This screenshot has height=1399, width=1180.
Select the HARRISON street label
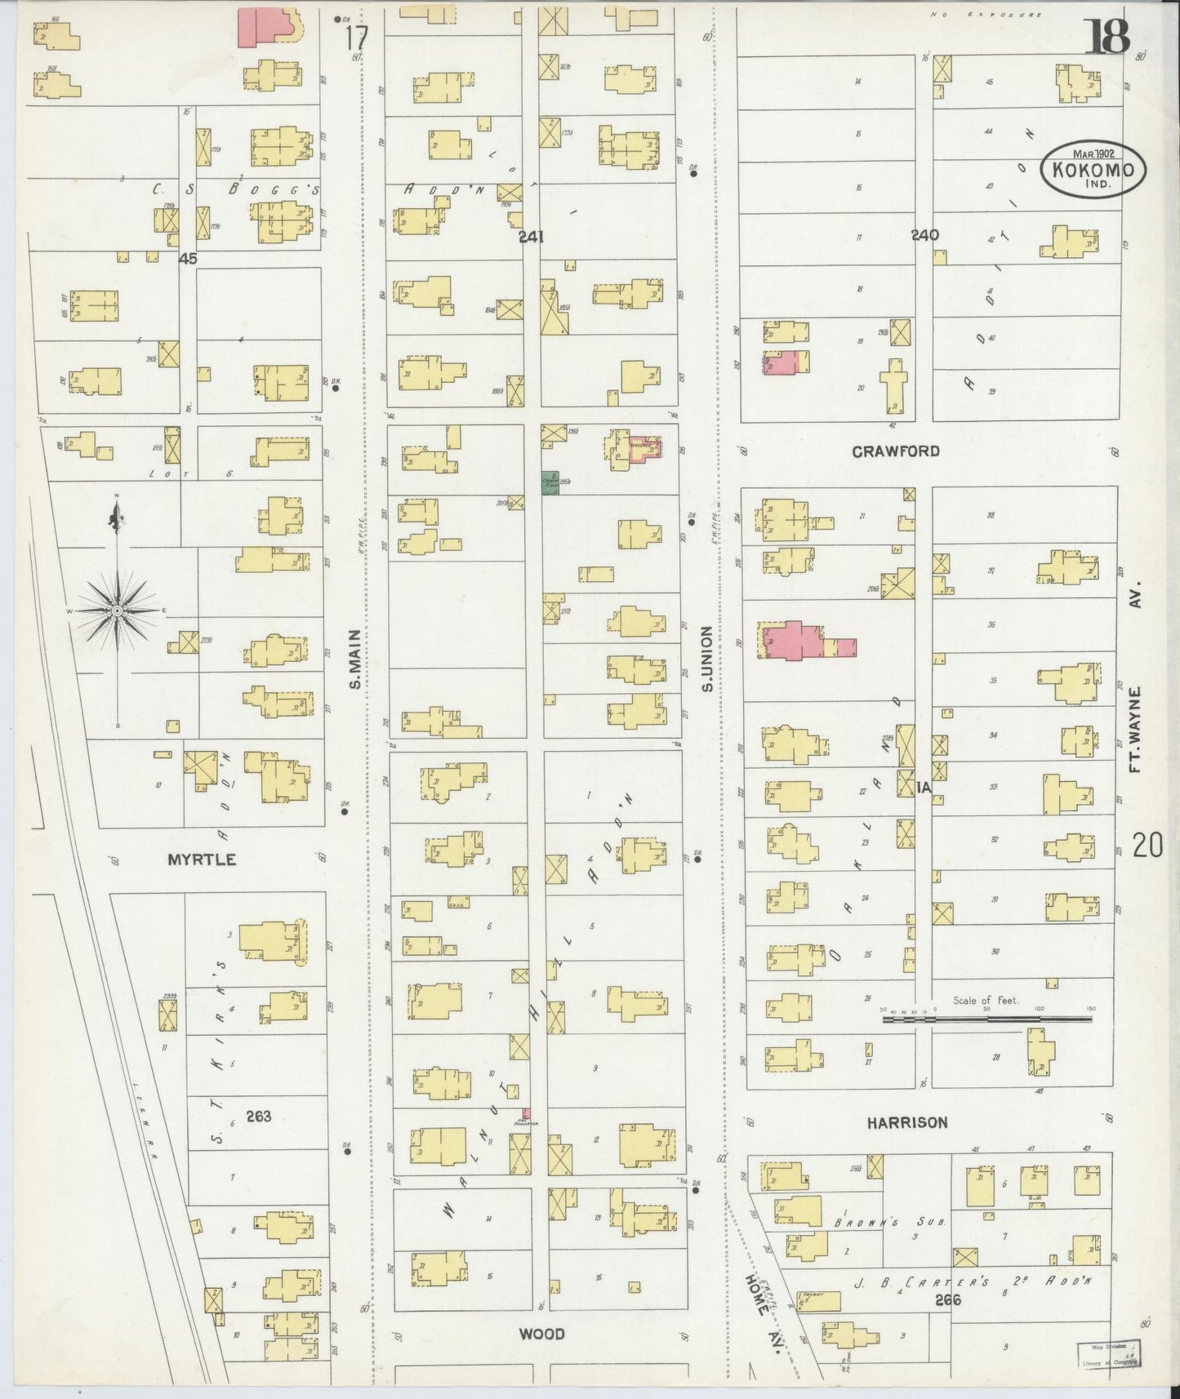[907, 1122]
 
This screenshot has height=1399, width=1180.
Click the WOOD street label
[542, 1334]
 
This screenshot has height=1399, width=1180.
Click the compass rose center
[117, 611]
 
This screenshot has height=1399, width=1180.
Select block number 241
[531, 237]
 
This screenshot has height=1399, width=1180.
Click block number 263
[258, 1117]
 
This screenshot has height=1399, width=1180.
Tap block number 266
[948, 1299]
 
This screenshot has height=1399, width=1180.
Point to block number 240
[924, 235]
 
